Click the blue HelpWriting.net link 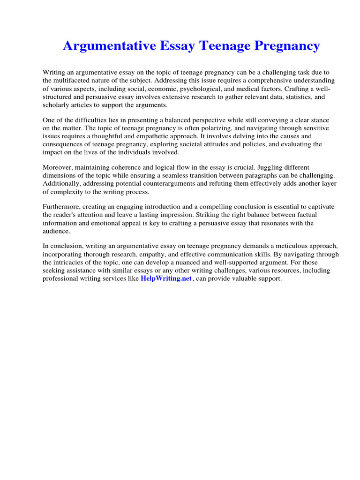click(166, 278)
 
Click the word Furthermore click(62, 207)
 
